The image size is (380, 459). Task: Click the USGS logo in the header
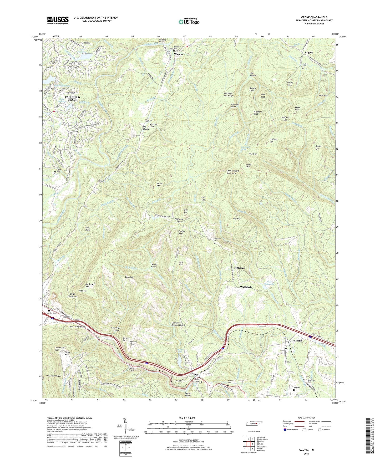pyautogui.click(x=58, y=20)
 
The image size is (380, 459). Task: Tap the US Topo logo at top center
pyautogui.click(x=189, y=21)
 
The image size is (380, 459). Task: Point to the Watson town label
pyautogui.click(x=178, y=54)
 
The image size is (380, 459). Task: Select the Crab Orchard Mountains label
pyautogui.click(x=233, y=172)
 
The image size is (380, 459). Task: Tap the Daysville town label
pyautogui.click(x=296, y=340)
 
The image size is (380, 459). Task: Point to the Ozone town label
pyautogui.click(x=195, y=374)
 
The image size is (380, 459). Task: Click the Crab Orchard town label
pyautogui.click(x=73, y=295)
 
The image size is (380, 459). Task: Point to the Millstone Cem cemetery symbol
pyautogui.click(x=214, y=243)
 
